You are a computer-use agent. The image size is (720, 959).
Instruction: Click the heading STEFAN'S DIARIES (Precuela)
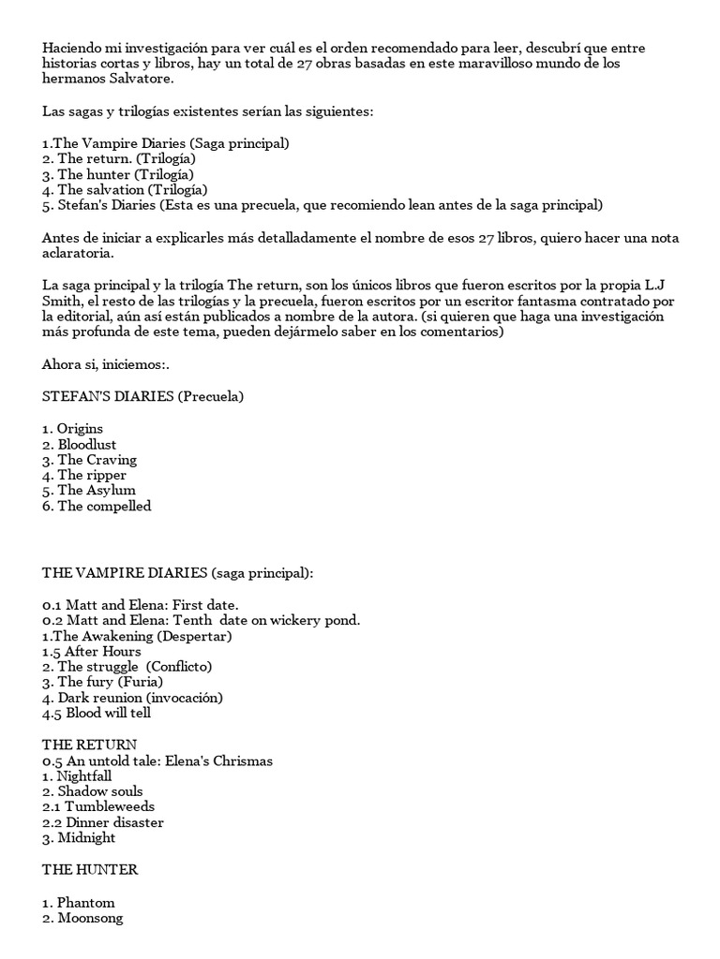click(142, 396)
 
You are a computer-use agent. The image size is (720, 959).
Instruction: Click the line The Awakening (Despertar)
click(137, 636)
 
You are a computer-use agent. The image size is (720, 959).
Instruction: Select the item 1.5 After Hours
click(91, 652)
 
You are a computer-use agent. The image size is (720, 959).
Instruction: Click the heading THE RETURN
click(82, 744)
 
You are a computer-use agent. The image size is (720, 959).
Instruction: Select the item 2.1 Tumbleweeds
click(98, 806)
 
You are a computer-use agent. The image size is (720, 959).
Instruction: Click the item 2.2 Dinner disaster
click(102, 822)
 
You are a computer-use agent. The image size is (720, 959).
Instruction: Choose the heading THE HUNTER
click(89, 869)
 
